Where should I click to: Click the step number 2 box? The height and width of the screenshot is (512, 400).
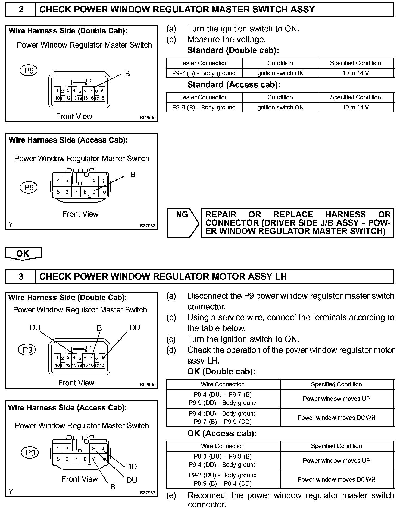(21, 10)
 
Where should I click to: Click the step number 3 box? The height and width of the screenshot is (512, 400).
(21, 277)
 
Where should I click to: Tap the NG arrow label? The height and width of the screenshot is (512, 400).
(182, 215)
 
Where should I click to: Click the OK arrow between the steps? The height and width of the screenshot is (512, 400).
(23, 254)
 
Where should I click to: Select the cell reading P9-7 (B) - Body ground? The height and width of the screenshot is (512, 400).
(204, 73)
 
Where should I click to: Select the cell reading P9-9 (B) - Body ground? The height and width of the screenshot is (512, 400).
(204, 108)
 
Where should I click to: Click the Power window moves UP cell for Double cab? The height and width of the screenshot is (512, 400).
(336, 399)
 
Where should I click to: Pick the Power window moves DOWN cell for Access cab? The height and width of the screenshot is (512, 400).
(336, 479)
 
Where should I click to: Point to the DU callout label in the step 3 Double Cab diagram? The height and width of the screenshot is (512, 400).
(35, 328)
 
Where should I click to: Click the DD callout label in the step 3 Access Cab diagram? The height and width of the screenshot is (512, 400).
(132, 467)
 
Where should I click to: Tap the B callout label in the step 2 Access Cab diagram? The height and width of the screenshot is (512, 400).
(133, 175)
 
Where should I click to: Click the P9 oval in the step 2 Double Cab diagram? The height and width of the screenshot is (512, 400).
(29, 71)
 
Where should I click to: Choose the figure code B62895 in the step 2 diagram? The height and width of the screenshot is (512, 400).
(148, 118)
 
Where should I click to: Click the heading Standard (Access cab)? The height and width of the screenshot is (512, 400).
(234, 85)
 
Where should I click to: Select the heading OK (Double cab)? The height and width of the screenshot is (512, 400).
(221, 371)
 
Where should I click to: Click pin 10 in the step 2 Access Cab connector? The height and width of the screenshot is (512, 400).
(103, 192)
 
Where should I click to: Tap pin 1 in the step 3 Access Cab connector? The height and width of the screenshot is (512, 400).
(58, 449)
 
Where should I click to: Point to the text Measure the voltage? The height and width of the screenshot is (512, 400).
(226, 40)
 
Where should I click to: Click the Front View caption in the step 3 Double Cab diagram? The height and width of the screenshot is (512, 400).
(76, 383)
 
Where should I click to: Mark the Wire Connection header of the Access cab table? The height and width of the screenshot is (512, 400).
(223, 446)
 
